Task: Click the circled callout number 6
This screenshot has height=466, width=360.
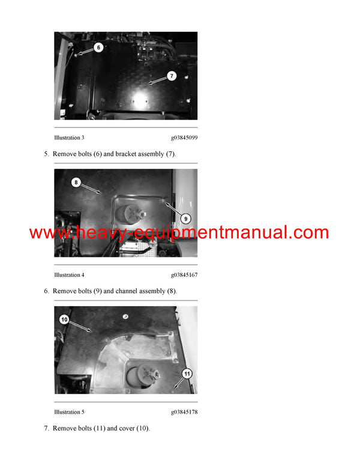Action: pyautogui.click(x=98, y=47)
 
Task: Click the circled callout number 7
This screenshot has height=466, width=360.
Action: pyautogui.click(x=171, y=76)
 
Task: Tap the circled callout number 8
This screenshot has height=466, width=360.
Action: pyautogui.click(x=76, y=181)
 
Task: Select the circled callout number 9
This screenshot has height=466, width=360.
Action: pyautogui.click(x=185, y=218)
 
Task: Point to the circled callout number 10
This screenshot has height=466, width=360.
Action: pyautogui.click(x=64, y=319)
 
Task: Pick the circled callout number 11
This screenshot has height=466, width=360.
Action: pyautogui.click(x=187, y=373)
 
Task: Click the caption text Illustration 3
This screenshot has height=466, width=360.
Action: pyautogui.click(x=69, y=138)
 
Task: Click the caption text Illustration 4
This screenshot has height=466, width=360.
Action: pyautogui.click(x=69, y=275)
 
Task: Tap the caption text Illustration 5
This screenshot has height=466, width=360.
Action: pyautogui.click(x=69, y=412)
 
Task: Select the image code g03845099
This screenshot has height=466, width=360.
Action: pyautogui.click(x=184, y=138)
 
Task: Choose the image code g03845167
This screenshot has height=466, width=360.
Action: pyautogui.click(x=184, y=275)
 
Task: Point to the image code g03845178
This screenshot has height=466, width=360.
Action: pyautogui.click(x=184, y=412)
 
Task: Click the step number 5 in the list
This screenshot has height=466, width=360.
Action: pyautogui.click(x=46, y=154)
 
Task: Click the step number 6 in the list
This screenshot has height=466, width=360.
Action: pyautogui.click(x=46, y=291)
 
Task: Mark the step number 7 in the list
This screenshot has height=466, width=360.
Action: pyautogui.click(x=46, y=428)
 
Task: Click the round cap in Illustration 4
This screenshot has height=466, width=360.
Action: pyautogui.click(x=127, y=214)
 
